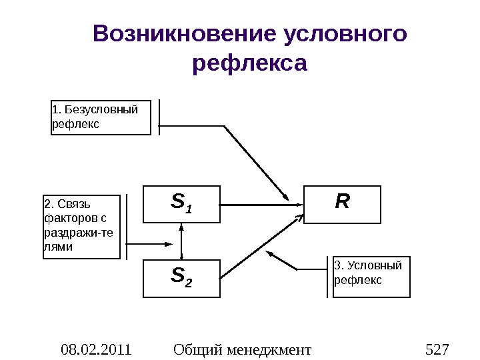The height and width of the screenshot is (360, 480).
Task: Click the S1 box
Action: pyautogui.click(x=181, y=203)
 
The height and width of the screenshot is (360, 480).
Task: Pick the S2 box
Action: pyautogui.click(x=181, y=278)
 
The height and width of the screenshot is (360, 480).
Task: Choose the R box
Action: pyautogui.click(x=343, y=203)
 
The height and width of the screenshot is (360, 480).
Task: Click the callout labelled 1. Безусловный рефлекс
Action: pyautogui.click(x=101, y=117)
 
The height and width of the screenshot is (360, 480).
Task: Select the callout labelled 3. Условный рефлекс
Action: pyautogui.click(x=371, y=275)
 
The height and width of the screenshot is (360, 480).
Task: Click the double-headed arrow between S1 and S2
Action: pyautogui.click(x=181, y=241)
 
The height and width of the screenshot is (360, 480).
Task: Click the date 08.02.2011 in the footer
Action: pyautogui.click(x=96, y=349)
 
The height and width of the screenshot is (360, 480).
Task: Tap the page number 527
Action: pyautogui.click(x=437, y=349)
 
